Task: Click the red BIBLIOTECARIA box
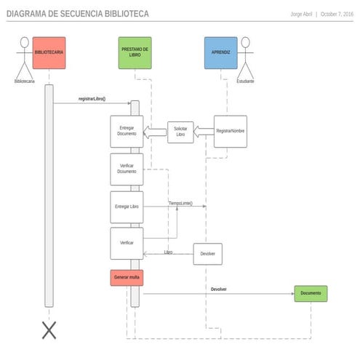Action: (49, 52)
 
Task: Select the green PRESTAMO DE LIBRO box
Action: (135, 52)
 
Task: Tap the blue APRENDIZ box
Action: (220, 52)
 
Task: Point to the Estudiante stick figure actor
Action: (245, 57)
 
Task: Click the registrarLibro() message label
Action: (92, 98)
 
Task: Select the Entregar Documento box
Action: (126, 132)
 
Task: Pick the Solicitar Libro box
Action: (180, 132)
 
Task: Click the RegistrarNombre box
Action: (230, 132)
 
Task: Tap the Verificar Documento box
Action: (126, 169)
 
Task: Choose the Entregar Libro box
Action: (126, 207)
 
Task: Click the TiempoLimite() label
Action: (180, 203)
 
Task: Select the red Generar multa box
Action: (127, 278)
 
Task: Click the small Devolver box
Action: (207, 254)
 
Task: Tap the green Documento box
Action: (311, 294)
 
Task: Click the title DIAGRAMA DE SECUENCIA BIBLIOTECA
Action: (78, 14)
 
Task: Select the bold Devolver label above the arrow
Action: (218, 289)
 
